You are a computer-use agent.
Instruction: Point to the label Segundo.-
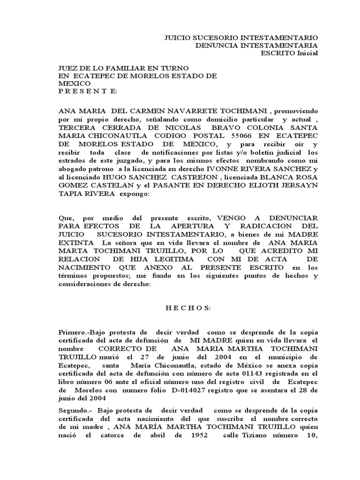point(74,410)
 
